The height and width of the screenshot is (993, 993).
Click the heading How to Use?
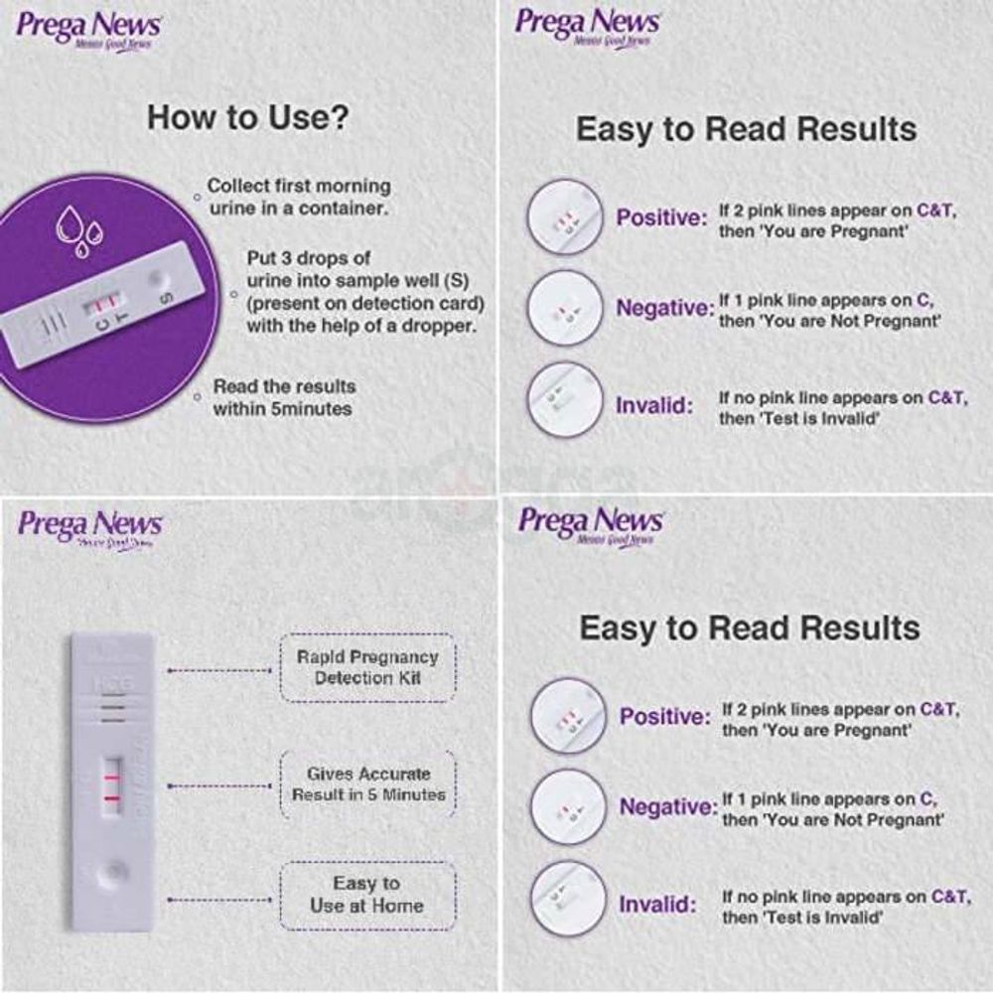point(247,118)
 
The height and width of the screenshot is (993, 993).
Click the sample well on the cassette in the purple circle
point(154,276)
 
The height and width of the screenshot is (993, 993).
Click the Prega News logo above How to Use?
point(89,31)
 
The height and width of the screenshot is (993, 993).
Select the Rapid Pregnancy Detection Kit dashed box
point(368,667)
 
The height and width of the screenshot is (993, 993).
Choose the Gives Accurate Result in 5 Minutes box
point(368,783)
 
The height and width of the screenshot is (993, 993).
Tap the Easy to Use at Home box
point(366,895)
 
